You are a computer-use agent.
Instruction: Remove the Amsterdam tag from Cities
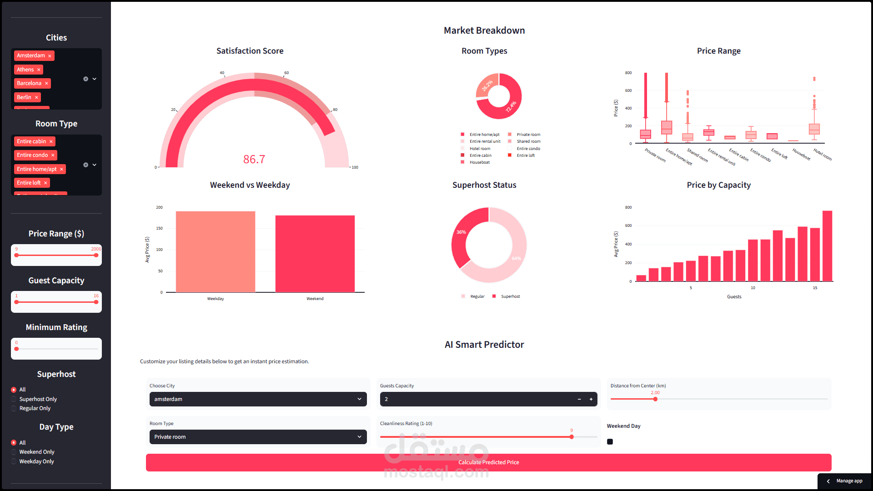(x=50, y=56)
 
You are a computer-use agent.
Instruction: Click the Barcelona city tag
(x=29, y=83)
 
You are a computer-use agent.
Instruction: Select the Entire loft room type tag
(x=29, y=183)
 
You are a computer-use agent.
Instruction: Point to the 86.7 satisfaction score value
(x=254, y=159)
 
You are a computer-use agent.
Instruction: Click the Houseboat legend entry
(x=479, y=162)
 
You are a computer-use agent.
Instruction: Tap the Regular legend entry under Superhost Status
(x=477, y=296)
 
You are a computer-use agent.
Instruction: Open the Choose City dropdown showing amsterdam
(x=258, y=399)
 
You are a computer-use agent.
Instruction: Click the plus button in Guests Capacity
(x=591, y=399)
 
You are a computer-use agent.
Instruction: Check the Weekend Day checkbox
(x=610, y=441)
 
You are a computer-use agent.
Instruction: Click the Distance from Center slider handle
(x=655, y=399)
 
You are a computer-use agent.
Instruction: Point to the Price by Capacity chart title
(x=718, y=185)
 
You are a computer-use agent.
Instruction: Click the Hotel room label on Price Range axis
(x=823, y=155)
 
